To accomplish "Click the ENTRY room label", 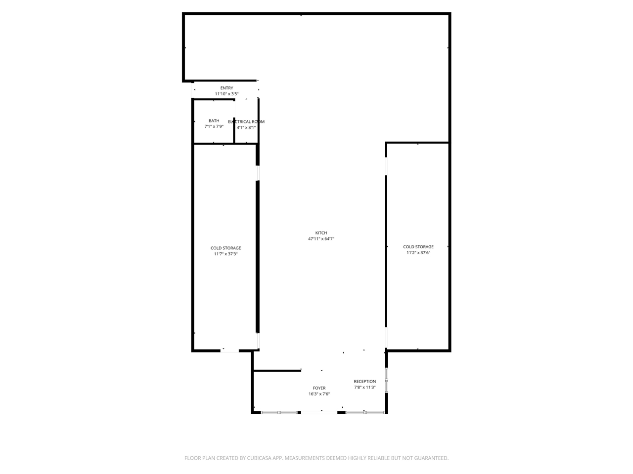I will pos(226,88).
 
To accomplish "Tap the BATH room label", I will pos(214,120).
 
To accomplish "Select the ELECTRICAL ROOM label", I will pos(246,121).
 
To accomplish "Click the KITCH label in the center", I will pos(321,233).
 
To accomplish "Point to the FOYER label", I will pos(319,388).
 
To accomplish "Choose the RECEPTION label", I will pos(364,381).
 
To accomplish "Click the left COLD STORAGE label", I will pos(226,248).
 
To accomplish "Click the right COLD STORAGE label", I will pos(418,247).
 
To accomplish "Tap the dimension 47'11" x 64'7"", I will pos(321,239).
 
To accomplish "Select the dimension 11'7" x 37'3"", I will pos(226,254).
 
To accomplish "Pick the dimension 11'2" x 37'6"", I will pos(418,253).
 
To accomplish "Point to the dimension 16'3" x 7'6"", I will pos(319,394).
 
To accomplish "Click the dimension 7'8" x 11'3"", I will pos(364,388).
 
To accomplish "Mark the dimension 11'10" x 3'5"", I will pos(226,94).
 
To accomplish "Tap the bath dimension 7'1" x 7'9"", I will pos(214,126).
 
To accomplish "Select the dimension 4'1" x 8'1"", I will pos(246,127).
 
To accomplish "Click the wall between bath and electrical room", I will pos(234,121).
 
